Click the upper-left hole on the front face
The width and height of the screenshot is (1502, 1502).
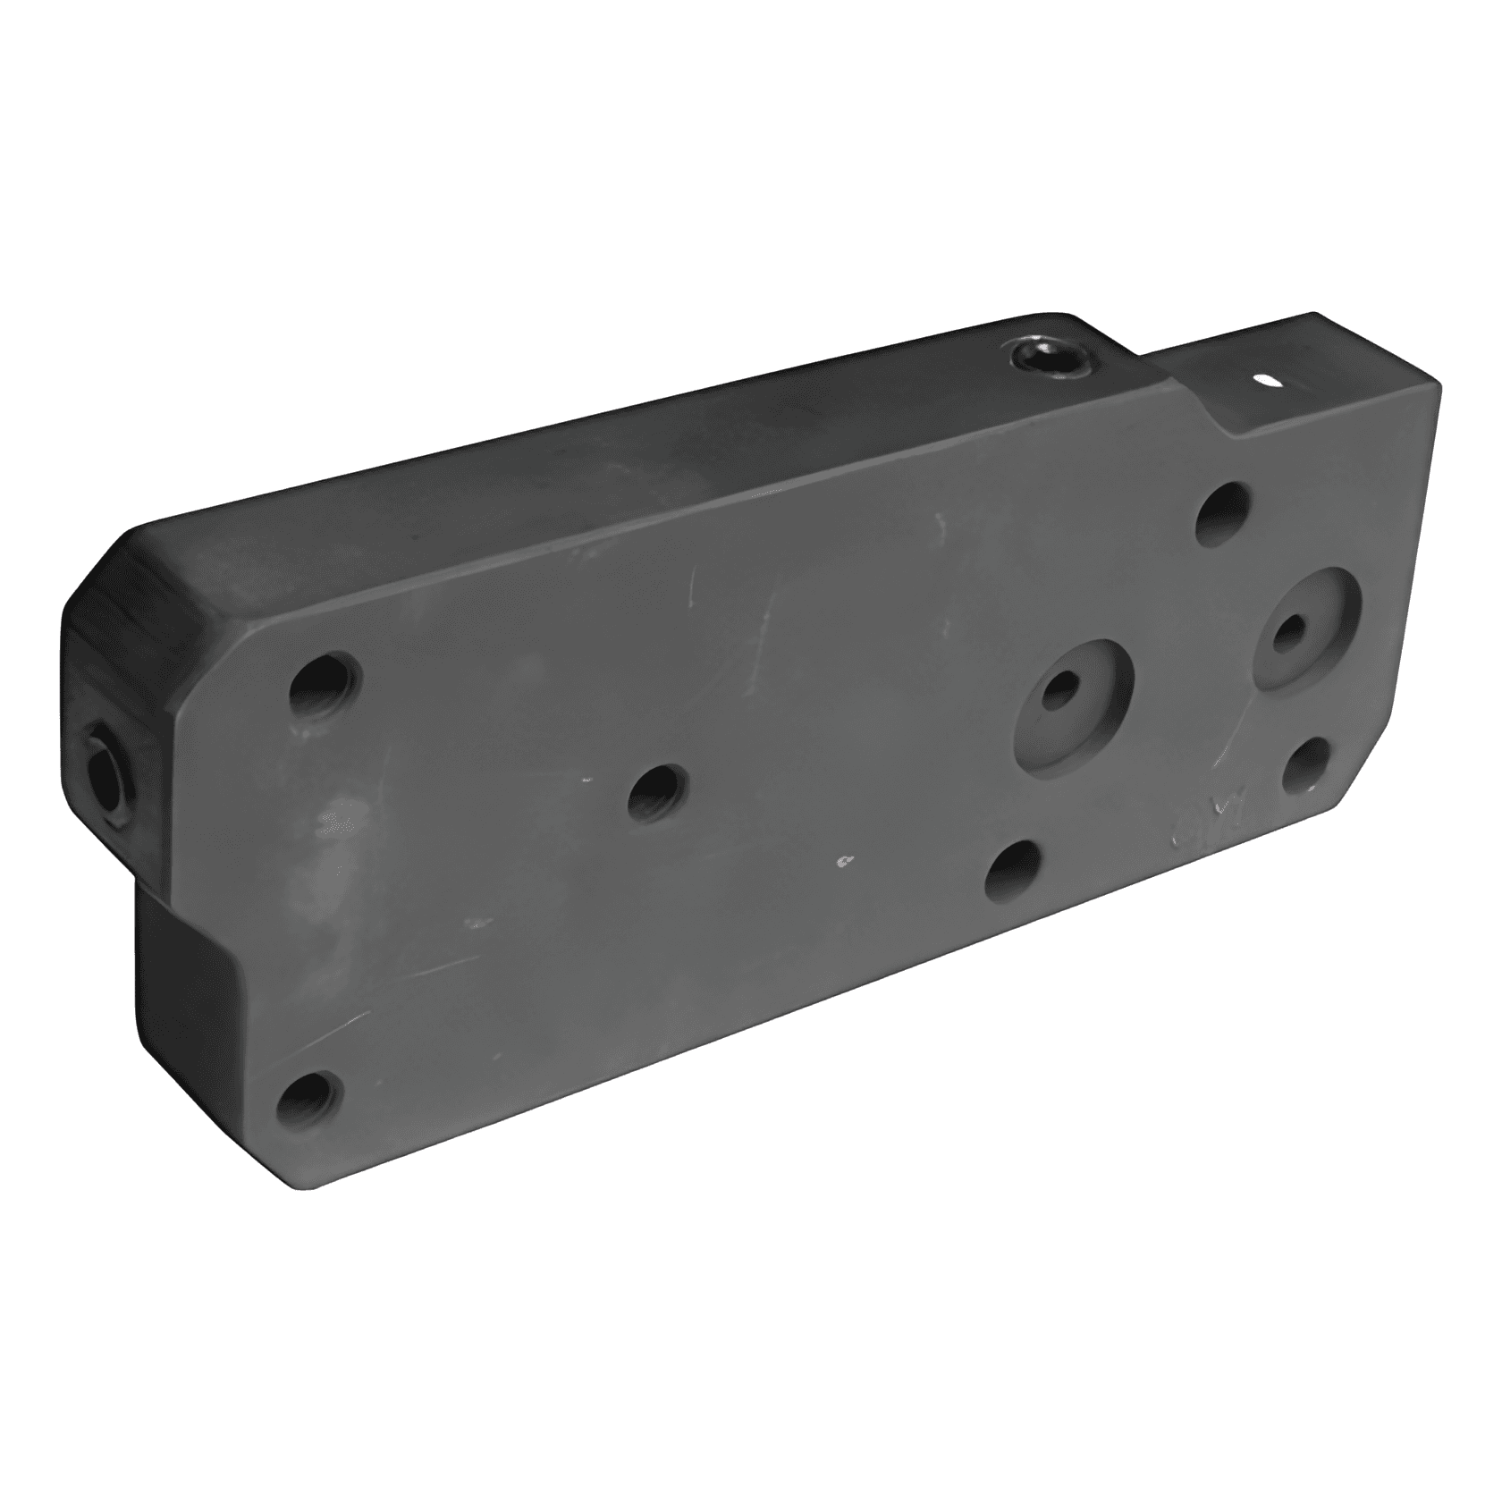[x=325, y=688]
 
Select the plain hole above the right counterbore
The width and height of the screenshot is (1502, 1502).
[x=1222, y=514]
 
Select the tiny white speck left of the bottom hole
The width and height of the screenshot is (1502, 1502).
[x=842, y=861]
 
